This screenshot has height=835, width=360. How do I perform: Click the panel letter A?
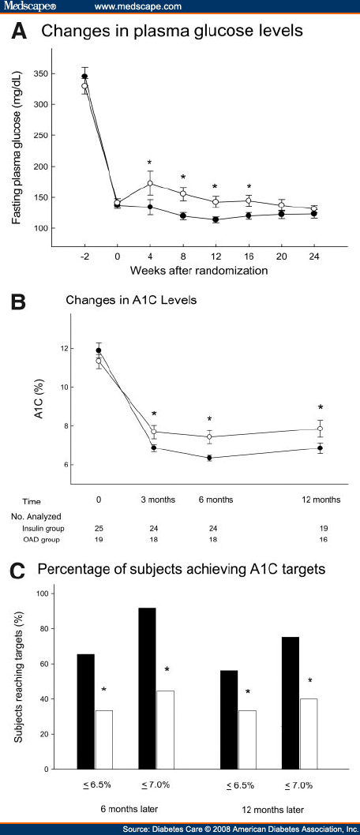pos(21,32)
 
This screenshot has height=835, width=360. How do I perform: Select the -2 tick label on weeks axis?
pos(84,256)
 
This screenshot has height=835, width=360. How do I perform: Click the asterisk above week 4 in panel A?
pos(149,162)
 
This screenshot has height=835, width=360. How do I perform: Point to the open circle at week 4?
pos(149,183)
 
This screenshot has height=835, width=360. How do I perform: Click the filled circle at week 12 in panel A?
pos(215,219)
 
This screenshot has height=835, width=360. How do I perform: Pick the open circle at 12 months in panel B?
pos(320,429)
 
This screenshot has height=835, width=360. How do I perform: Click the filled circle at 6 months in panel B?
pos(209,458)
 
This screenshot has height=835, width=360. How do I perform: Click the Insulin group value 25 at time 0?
pos(98,527)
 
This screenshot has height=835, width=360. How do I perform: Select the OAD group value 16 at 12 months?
pos(320,540)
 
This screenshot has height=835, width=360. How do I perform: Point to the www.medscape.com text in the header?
pos(138,6)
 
